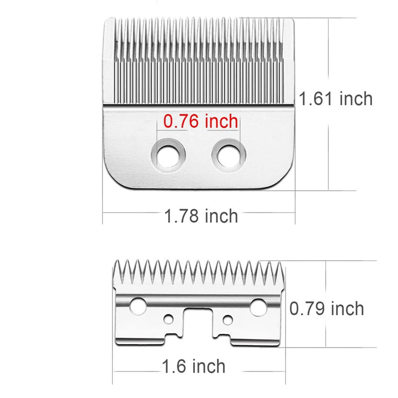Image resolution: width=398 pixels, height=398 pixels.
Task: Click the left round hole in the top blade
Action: [169, 154]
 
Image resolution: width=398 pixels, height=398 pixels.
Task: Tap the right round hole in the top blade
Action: [229, 154]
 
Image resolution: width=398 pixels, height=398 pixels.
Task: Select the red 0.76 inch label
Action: [200, 121]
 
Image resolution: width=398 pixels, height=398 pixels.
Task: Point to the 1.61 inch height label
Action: [336, 99]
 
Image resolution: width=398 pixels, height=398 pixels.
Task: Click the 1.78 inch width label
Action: [201, 216]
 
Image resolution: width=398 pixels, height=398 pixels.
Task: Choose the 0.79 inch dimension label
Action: [327, 308]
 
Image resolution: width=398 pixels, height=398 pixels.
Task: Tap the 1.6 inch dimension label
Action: [194, 367]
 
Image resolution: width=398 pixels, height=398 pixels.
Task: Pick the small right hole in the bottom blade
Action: [228, 318]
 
